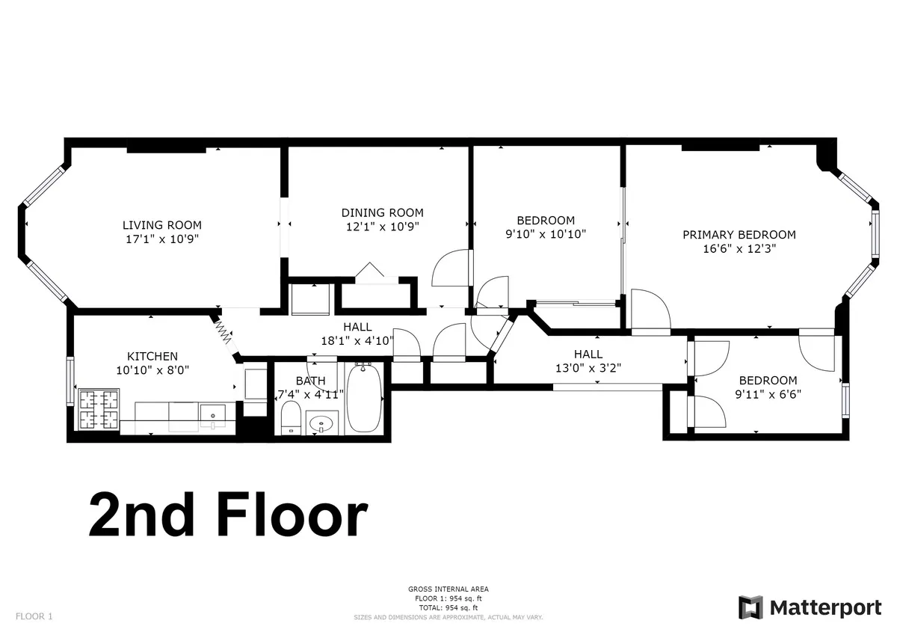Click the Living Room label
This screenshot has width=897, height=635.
[x=162, y=224]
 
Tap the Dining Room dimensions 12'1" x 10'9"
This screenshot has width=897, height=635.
[x=383, y=227]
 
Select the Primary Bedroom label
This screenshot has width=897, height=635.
[x=739, y=234]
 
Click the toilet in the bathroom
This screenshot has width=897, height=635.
[x=290, y=417]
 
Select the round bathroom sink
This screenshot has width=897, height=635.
[x=323, y=425]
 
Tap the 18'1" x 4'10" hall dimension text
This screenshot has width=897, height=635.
[x=357, y=340]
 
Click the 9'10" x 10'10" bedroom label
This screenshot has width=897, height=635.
[x=546, y=233]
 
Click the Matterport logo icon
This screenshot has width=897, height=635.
[x=750, y=607]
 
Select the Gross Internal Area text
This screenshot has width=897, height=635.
[x=449, y=589]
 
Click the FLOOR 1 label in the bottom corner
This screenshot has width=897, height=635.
[x=34, y=616]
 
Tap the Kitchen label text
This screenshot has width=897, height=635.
[x=152, y=356]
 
